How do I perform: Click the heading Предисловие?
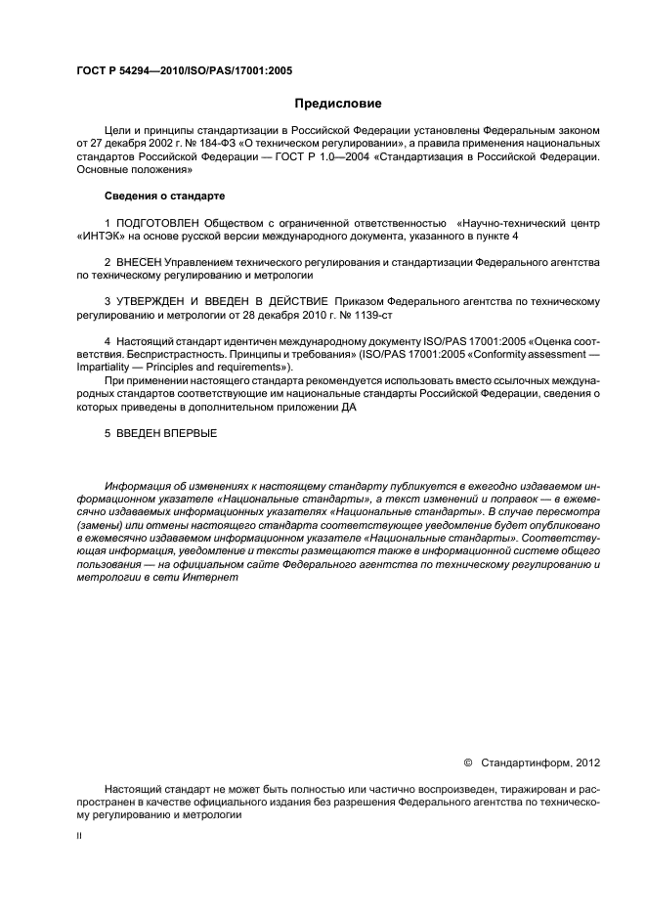[x=338, y=104]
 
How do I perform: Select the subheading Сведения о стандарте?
[x=163, y=196]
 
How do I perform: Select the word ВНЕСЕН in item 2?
[x=138, y=263]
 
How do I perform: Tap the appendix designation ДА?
[x=349, y=408]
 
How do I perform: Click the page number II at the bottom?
[x=79, y=837]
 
